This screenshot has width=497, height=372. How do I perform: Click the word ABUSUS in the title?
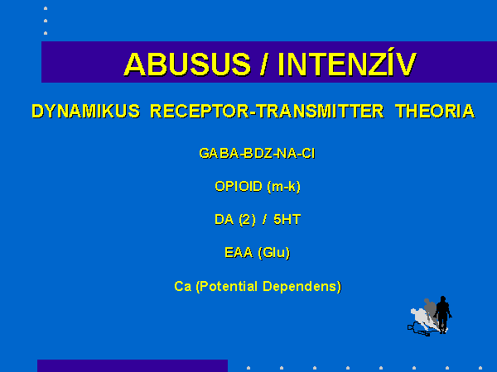pos(188,64)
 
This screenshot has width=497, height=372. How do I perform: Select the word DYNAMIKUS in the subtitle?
pos(86,112)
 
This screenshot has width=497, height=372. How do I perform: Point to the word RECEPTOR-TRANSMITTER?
pos(267,112)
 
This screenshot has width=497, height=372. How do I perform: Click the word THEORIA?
pos(435,112)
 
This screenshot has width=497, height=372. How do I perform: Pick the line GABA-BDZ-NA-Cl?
pos(257,154)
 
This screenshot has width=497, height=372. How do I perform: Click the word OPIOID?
pos(239,186)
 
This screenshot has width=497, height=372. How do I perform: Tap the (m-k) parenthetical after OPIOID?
pos(283,187)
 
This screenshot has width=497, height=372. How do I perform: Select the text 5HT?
pos(287,220)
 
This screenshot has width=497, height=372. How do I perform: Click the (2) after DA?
pos(247,220)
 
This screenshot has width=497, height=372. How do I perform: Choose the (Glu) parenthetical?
pos(274,253)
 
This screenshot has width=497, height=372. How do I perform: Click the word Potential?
pos(229,286)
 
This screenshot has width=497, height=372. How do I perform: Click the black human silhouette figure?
pos(443,314)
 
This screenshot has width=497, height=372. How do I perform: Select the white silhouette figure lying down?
pos(422,320)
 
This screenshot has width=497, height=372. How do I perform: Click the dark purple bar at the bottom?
pos(133,365)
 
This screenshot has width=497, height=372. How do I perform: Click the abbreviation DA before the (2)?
pos(224,220)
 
